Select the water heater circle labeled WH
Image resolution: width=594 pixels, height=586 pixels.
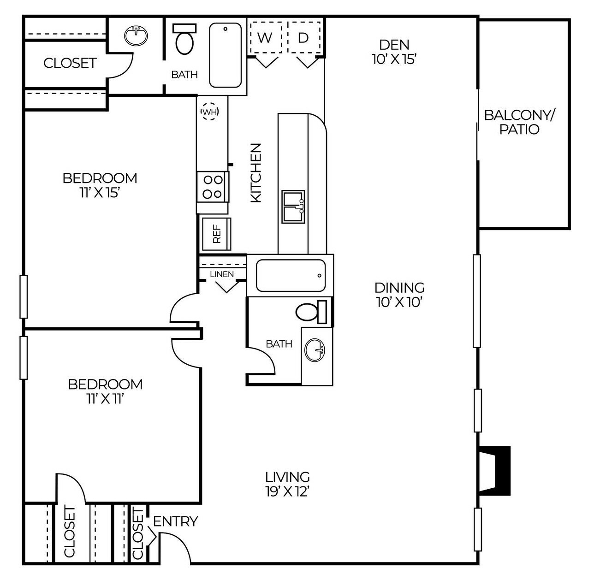point(210,112)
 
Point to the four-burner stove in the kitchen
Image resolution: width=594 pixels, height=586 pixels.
point(213,186)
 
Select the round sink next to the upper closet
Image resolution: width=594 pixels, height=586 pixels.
point(136,36)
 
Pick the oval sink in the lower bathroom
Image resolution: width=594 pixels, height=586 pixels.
point(315,350)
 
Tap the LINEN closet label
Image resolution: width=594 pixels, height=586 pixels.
point(222,274)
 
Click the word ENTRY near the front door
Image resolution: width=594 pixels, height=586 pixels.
point(175,521)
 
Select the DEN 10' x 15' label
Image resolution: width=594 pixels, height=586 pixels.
point(394,52)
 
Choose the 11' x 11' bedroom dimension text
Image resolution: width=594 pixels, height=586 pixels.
point(105,399)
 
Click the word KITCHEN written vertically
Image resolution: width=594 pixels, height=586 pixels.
point(256,172)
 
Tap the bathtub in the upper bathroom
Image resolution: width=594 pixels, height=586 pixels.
point(226,55)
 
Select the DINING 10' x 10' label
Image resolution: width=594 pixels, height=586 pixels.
point(399,295)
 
